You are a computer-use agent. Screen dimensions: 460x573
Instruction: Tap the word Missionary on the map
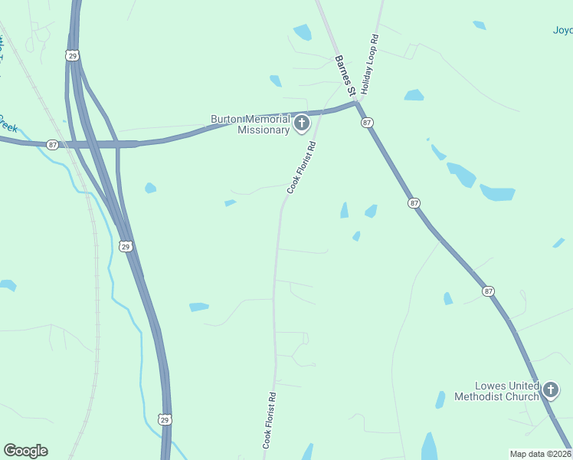264,130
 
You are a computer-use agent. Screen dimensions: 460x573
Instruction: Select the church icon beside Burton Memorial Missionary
302,123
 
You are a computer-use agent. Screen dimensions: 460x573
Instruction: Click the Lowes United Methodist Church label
496,391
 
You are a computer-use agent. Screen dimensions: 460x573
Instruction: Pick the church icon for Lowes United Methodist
550,391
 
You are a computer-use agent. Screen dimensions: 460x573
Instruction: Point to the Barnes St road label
345,75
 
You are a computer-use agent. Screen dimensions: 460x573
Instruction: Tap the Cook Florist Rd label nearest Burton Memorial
301,167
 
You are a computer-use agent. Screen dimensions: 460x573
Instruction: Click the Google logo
25,451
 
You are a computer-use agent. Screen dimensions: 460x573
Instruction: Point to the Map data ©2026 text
539,454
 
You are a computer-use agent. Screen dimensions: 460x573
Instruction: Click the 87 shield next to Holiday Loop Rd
368,123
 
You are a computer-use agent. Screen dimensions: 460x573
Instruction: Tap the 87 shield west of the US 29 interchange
51,144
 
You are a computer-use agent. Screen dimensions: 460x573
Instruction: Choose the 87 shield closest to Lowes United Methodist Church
487,291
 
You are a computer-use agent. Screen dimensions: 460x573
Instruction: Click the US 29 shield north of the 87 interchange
72,55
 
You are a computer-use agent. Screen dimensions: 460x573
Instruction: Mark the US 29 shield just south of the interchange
126,246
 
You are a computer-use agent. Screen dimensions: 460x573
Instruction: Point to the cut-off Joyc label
562,31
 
